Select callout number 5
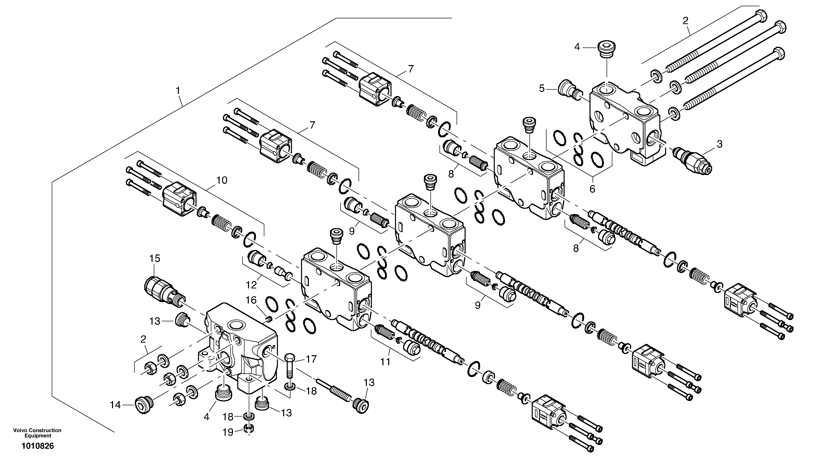[542, 88]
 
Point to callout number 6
[592, 189]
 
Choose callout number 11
[385, 362]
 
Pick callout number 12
[251, 285]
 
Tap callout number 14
[115, 405]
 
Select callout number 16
[251, 300]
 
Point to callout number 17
[311, 359]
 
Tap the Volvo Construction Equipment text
[37, 433]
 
